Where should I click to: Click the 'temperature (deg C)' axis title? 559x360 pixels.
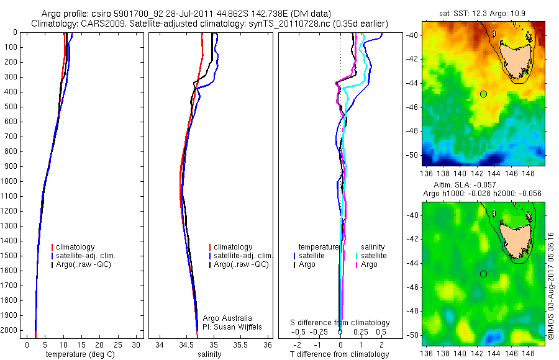click(x=78, y=354)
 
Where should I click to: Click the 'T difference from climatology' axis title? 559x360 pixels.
click(x=339, y=354)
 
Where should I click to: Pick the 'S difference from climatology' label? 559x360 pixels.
click(x=340, y=323)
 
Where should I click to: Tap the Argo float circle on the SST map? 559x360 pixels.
click(x=483, y=94)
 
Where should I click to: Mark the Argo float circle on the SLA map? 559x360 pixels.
click(x=483, y=274)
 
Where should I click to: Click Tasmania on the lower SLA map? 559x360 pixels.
click(x=514, y=238)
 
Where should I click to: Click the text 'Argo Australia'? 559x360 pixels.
click(x=228, y=318)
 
